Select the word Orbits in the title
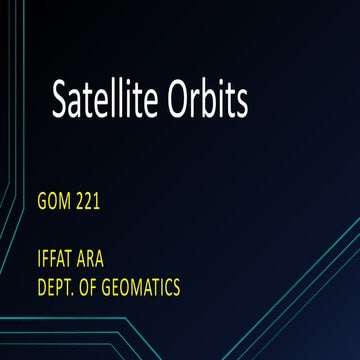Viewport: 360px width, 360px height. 207,100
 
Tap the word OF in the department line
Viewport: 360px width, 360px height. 92,288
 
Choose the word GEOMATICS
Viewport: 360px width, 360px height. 144,288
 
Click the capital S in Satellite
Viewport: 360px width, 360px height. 61,100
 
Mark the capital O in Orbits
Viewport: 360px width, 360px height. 179,100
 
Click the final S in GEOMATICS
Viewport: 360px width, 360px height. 177,288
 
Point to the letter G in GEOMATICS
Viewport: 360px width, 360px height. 112,288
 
